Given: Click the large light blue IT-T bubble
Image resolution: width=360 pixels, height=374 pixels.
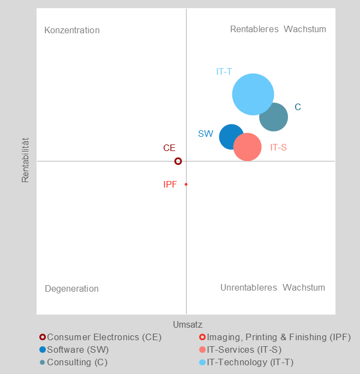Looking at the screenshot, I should pyautogui.click(x=253, y=94).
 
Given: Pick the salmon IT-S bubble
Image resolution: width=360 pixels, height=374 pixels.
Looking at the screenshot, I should pyautogui.click(x=248, y=147).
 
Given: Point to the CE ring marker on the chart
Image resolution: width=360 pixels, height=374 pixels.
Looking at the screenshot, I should pyautogui.click(x=178, y=161).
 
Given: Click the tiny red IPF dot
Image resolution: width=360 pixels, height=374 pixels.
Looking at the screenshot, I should pyautogui.click(x=186, y=184).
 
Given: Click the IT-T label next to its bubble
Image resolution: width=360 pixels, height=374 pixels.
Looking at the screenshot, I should pyautogui.click(x=224, y=71).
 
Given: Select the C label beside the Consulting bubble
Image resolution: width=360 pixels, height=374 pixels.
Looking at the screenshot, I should pyautogui.click(x=298, y=107).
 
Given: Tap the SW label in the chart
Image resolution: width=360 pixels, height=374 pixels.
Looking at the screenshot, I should pyautogui.click(x=206, y=134).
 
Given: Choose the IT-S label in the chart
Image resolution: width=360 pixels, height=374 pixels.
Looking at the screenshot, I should pyautogui.click(x=278, y=147).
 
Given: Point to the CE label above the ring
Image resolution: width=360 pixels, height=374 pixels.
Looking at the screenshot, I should pyautogui.click(x=169, y=148).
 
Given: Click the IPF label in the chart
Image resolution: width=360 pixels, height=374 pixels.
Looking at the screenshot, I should pyautogui.click(x=170, y=184).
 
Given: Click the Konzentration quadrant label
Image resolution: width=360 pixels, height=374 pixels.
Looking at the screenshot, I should pyautogui.click(x=72, y=30).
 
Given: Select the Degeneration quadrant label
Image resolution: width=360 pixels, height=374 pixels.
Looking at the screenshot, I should pyautogui.click(x=71, y=288).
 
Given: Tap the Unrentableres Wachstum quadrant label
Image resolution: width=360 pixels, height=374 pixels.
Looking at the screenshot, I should pyautogui.click(x=273, y=287).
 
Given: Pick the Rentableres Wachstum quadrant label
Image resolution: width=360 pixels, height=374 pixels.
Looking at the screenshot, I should pyautogui.click(x=278, y=29).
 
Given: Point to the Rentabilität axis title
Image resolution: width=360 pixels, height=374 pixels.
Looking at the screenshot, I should pyautogui.click(x=25, y=160).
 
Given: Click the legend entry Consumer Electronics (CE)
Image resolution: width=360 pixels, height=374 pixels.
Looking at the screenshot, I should pyautogui.click(x=104, y=337).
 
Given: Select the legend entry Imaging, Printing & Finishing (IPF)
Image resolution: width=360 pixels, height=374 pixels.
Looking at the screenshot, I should pyautogui.click(x=279, y=337).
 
